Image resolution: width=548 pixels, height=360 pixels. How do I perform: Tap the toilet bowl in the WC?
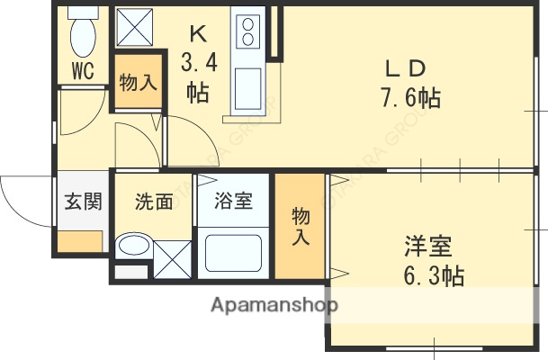pyautogui.click(x=82, y=33)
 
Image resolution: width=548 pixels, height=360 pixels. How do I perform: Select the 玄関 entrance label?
pyautogui.click(x=82, y=202)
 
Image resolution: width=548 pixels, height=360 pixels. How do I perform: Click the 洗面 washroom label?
pyautogui.click(x=153, y=202)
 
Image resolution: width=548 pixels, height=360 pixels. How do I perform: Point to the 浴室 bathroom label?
pyautogui.click(x=233, y=202)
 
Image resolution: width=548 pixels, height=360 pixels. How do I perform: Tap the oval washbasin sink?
pyautogui.click(x=135, y=246)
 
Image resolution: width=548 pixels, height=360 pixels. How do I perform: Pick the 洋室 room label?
pyautogui.click(x=427, y=246)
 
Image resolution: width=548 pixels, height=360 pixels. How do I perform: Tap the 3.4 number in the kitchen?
pyautogui.click(x=199, y=64)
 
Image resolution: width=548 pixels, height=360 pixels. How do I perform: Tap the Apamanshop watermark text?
pyautogui.click(x=274, y=305)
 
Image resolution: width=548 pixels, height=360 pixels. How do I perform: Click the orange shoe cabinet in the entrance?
pyautogui.click(x=81, y=241)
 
